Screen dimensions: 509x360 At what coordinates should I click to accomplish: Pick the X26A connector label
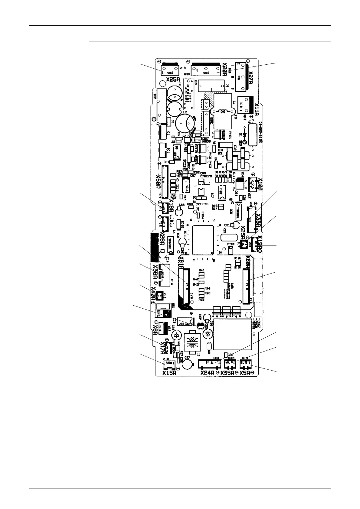[162, 239]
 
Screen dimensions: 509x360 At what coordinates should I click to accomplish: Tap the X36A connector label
[155, 272]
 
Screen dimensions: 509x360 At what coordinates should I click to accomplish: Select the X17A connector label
[162, 348]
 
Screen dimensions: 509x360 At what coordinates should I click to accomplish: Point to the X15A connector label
[169, 373]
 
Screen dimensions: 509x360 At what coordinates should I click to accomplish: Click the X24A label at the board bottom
[208, 373]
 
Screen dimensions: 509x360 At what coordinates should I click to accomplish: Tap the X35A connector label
[227, 373]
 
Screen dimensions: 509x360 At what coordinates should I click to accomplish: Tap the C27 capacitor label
[187, 358]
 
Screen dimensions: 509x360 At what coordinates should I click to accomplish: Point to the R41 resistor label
[201, 270]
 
